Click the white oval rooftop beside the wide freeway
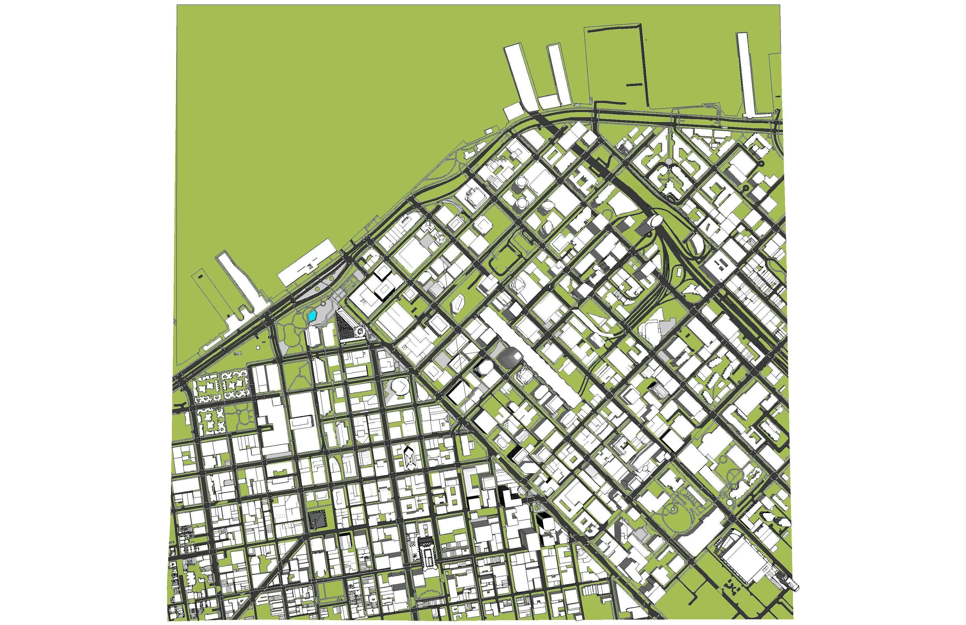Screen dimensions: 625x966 point(654,221)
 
